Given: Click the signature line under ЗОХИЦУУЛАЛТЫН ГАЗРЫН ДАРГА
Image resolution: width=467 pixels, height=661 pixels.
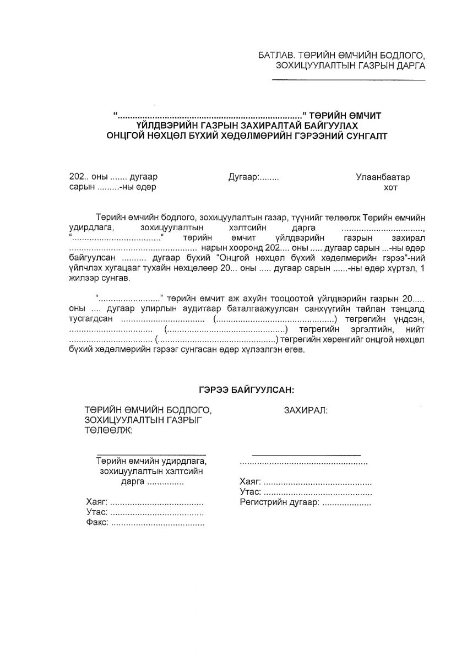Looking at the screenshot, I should (349, 80).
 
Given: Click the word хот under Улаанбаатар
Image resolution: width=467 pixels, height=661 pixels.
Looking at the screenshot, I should (389, 187).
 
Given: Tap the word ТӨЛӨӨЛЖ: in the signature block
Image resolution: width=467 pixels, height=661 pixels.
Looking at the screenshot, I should (108, 430).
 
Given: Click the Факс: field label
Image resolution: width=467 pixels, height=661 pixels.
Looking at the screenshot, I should (97, 523).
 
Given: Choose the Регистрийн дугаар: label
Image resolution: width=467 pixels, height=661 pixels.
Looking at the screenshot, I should (279, 502).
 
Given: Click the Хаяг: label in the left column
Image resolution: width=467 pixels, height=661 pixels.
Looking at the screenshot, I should (97, 502).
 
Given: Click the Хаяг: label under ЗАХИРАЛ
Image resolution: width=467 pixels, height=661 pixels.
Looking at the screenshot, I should (251, 481).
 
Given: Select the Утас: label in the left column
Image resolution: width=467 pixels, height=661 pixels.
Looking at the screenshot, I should (97, 512).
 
